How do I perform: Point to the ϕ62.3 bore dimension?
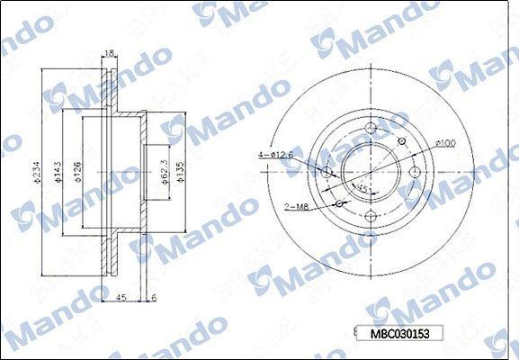[x=165, y=167]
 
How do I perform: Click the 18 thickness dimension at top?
[x=109, y=54]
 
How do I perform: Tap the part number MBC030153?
[x=402, y=333]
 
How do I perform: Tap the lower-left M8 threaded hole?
[x=338, y=203]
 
